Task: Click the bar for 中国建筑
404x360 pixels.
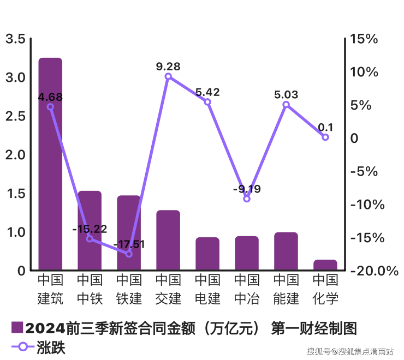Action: pyautogui.click(x=50, y=164)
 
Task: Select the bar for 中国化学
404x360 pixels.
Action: pyautogui.click(x=325, y=265)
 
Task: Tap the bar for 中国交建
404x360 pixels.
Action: pyautogui.click(x=168, y=240)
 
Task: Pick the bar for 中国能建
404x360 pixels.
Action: pyautogui.click(x=286, y=251)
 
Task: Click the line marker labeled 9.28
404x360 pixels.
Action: pyautogui.click(x=168, y=76)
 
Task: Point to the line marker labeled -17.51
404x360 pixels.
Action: pyautogui.click(x=129, y=254)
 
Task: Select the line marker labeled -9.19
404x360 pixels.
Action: pyautogui.click(x=247, y=199)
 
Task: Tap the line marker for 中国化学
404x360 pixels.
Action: pyautogui.click(x=325, y=137)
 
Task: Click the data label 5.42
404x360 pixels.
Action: pyautogui.click(x=207, y=92)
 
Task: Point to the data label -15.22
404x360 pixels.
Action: pyautogui.click(x=90, y=229)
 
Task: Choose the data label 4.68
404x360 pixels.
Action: pyautogui.click(x=50, y=97)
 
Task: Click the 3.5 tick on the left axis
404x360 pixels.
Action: pyautogui.click(x=15, y=39)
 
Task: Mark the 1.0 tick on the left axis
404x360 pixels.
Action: pyautogui.click(x=15, y=232)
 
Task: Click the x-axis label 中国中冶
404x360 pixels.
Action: pyautogui.click(x=247, y=290)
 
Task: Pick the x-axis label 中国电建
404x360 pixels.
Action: pyautogui.click(x=207, y=290)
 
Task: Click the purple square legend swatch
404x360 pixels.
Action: pyautogui.click(x=17, y=328)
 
